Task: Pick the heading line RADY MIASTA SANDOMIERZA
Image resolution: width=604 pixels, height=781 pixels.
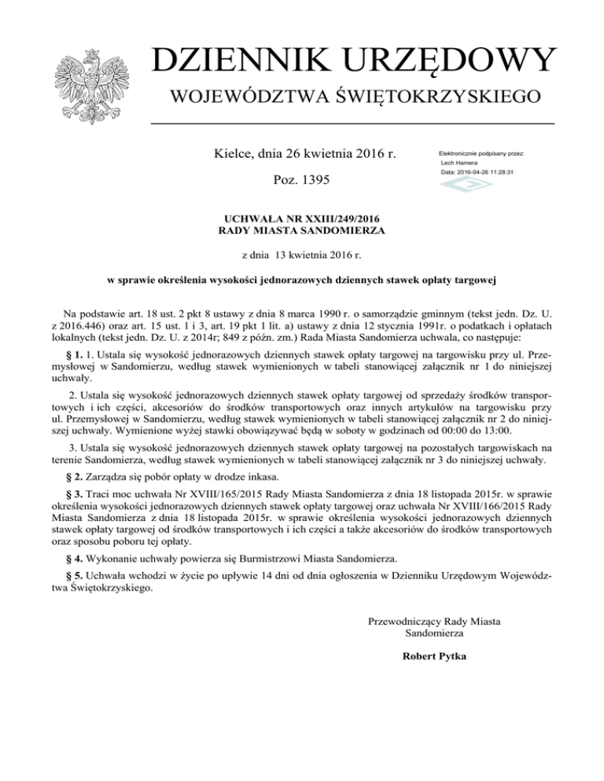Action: (302, 230)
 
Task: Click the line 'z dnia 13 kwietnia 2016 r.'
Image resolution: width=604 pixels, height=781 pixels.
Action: (302, 255)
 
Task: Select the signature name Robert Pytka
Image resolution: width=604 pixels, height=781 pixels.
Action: (434, 656)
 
